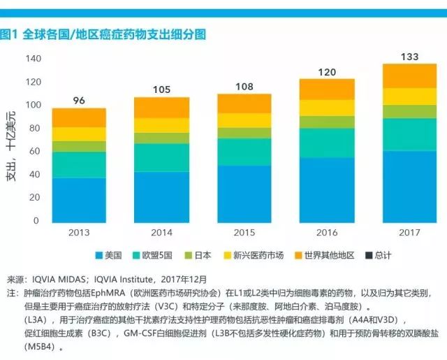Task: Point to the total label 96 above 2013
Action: [79, 101]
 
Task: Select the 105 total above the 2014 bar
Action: [161, 89]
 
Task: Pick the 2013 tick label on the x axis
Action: [80, 231]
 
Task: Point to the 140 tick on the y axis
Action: [32, 59]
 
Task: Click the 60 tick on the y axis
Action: [35, 152]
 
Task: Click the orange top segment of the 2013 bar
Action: [79, 117]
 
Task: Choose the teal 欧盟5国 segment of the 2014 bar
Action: [161, 157]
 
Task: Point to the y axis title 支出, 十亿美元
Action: [11, 146]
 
